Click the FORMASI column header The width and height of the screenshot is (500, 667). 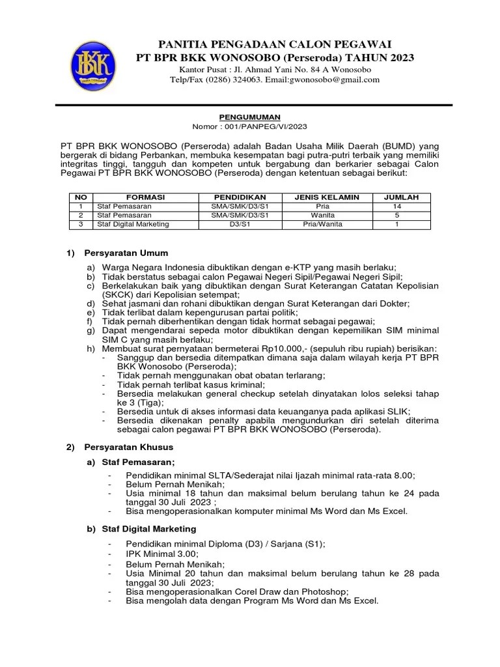[x=145, y=197]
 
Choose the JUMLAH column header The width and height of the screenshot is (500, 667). [x=402, y=197]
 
